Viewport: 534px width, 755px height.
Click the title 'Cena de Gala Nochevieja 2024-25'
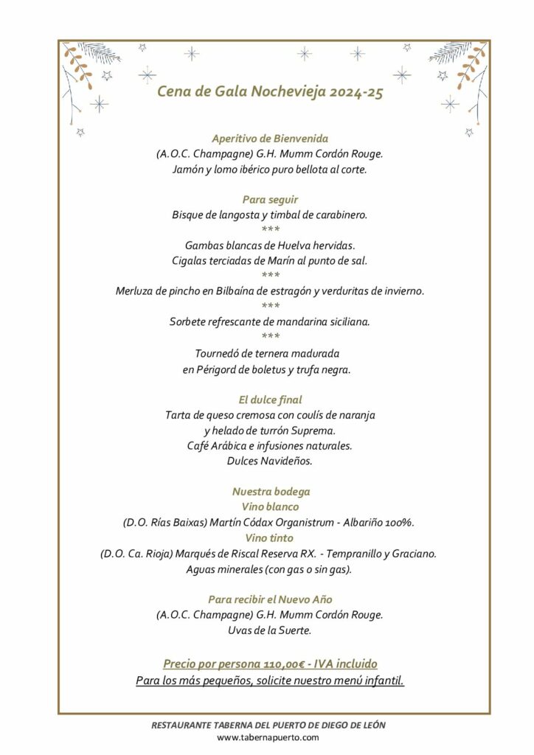270,93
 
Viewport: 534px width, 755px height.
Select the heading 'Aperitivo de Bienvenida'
270,139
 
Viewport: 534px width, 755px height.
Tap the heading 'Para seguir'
270,199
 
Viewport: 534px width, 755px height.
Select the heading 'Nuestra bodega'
271,492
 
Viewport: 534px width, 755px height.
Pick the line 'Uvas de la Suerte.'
270,630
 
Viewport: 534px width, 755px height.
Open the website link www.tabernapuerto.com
268,737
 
